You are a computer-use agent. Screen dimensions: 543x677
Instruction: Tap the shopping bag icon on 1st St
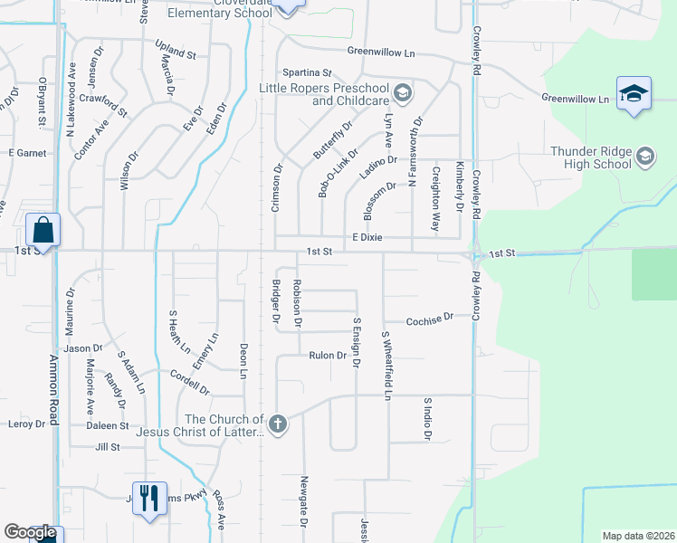point(43,230)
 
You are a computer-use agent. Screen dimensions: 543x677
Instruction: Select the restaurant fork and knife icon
point(149,497)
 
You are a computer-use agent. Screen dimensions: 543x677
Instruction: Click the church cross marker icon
point(279,423)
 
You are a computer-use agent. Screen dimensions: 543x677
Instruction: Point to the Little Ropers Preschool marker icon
point(402,94)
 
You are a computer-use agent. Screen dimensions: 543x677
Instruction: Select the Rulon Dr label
point(328,356)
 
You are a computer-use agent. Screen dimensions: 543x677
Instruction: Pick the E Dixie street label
point(367,237)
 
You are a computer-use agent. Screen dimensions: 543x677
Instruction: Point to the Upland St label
point(176,54)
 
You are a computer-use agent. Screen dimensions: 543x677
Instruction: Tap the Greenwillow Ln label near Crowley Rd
point(576,97)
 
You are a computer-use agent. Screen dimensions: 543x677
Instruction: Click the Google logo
point(30,532)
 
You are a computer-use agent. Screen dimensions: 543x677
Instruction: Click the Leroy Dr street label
point(25,424)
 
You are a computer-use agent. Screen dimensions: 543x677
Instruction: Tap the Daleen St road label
point(108,424)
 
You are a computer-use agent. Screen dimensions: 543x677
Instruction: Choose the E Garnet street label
point(27,153)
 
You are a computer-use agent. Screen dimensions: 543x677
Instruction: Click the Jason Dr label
point(83,348)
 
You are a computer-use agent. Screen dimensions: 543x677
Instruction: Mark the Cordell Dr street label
point(190,384)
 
